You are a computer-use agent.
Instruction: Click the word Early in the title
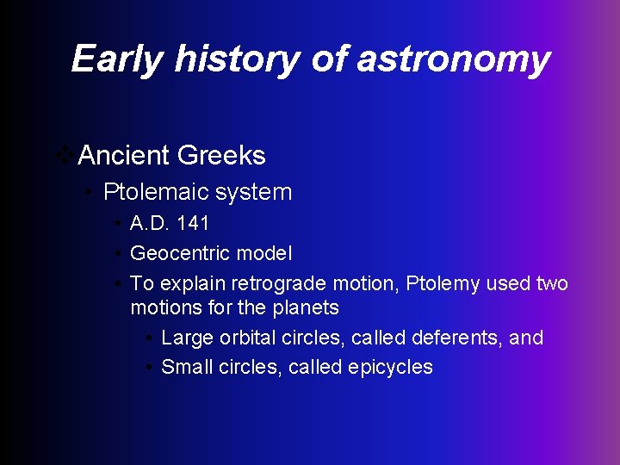pos(117,59)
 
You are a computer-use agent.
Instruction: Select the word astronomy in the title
pos(453,59)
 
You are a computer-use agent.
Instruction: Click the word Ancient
pos(122,155)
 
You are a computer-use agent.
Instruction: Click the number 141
pos(193,224)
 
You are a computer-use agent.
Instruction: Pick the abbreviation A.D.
pos(150,224)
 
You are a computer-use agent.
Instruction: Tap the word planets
pos(307,307)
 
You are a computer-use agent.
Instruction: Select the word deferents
pos(453,338)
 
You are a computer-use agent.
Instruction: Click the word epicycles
pos(390,367)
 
